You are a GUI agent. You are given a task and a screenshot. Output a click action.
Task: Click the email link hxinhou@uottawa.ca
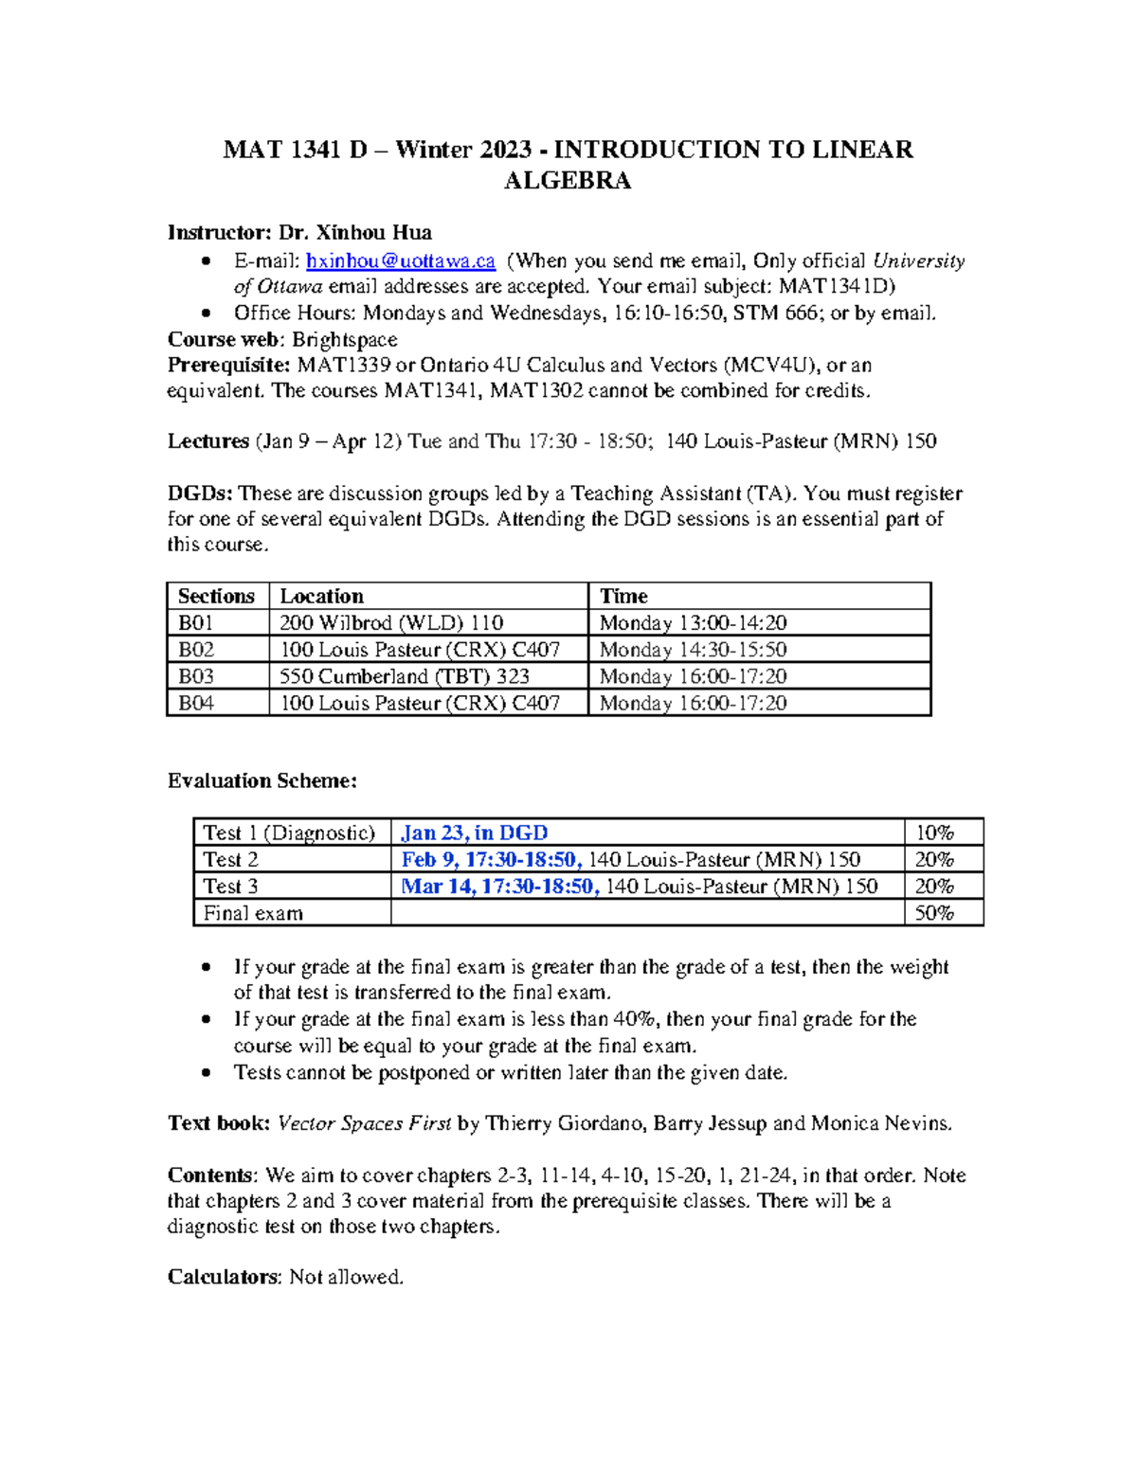coord(400,261)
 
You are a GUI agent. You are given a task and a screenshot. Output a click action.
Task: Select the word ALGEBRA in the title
coord(568,181)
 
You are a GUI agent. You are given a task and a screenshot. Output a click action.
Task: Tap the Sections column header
coord(216,597)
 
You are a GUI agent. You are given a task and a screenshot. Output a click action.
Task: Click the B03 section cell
coord(196,676)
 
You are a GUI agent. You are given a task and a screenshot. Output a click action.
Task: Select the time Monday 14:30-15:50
coord(693,650)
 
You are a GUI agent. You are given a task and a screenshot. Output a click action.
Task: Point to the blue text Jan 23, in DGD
coord(474,834)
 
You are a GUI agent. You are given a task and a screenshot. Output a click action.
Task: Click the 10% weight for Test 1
coord(933,834)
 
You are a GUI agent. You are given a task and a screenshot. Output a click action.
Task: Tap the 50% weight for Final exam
coord(933,913)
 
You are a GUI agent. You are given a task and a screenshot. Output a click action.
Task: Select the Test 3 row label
coord(230,887)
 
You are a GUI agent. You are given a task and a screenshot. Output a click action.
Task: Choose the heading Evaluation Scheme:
coord(262,781)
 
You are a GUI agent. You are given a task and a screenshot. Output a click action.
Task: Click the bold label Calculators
coord(224,1277)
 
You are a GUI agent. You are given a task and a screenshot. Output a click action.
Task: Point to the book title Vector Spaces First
coord(364,1124)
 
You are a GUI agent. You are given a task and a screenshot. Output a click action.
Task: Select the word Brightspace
coord(344,340)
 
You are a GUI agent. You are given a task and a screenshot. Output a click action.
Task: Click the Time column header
coord(623,597)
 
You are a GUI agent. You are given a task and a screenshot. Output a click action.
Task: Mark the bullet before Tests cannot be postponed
coord(207,1073)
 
